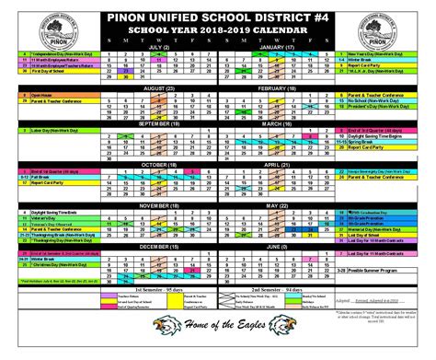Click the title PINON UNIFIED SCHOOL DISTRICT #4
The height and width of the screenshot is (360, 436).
217,12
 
